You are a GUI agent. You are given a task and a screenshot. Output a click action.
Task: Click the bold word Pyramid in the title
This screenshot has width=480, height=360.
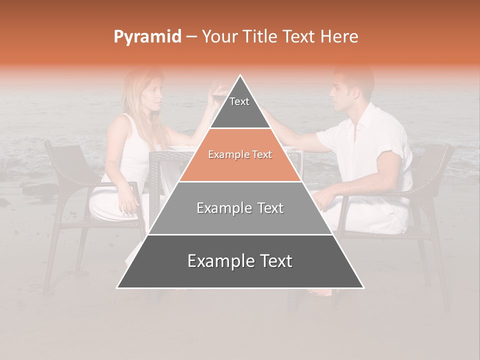click(147, 37)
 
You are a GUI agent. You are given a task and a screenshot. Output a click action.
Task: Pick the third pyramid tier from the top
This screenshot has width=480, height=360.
click(240, 208)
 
